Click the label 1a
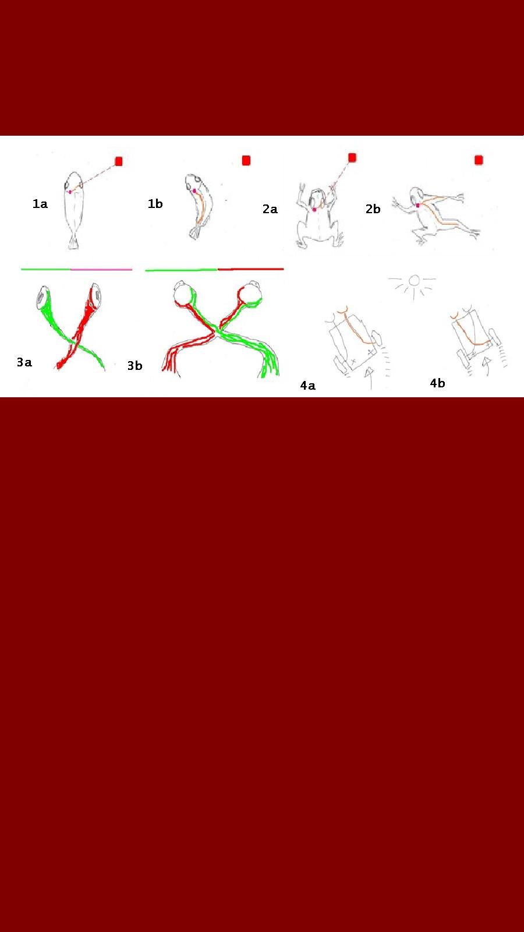(x=40, y=203)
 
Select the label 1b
(x=155, y=203)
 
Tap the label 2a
(x=270, y=209)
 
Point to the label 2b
(x=373, y=209)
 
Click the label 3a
(x=24, y=362)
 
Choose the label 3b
(x=134, y=365)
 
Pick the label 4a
(x=308, y=386)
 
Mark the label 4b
(x=437, y=383)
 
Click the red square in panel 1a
(x=119, y=161)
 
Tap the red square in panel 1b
(x=246, y=161)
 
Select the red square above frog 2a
(x=352, y=158)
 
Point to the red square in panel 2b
(x=479, y=160)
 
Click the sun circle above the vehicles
(x=414, y=281)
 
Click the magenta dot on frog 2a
(x=314, y=210)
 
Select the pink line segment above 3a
(x=101, y=270)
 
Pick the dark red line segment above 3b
(x=251, y=269)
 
